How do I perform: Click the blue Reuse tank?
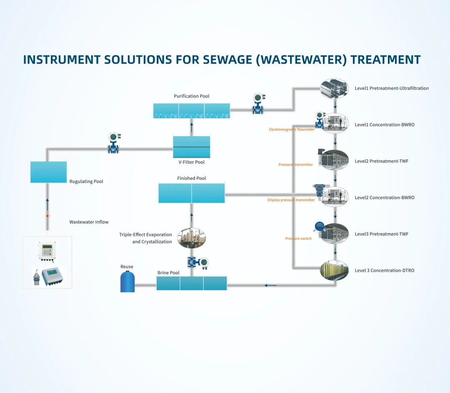pos(127,282)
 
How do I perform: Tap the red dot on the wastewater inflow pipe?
pos(47,216)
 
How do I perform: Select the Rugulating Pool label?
pos(86,182)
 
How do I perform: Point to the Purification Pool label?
pos(192,96)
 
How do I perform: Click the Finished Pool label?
pos(192,178)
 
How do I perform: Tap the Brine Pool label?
pos(168,273)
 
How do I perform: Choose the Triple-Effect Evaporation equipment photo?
pos(192,238)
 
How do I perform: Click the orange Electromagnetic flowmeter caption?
pos(292,130)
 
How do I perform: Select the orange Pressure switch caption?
pos(298,239)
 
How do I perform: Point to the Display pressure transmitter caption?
pos(291,200)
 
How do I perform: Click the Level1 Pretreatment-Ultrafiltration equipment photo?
pos(334,88)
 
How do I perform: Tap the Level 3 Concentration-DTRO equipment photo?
pos(334,270)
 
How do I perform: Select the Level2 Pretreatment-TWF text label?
pos(381,161)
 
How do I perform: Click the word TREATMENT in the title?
pos(385,60)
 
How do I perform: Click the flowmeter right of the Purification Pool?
pos(258,104)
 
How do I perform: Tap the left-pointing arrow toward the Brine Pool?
pos(270,285)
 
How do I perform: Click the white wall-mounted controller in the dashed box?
pos(47,250)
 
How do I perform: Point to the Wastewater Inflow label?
pos(89,222)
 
